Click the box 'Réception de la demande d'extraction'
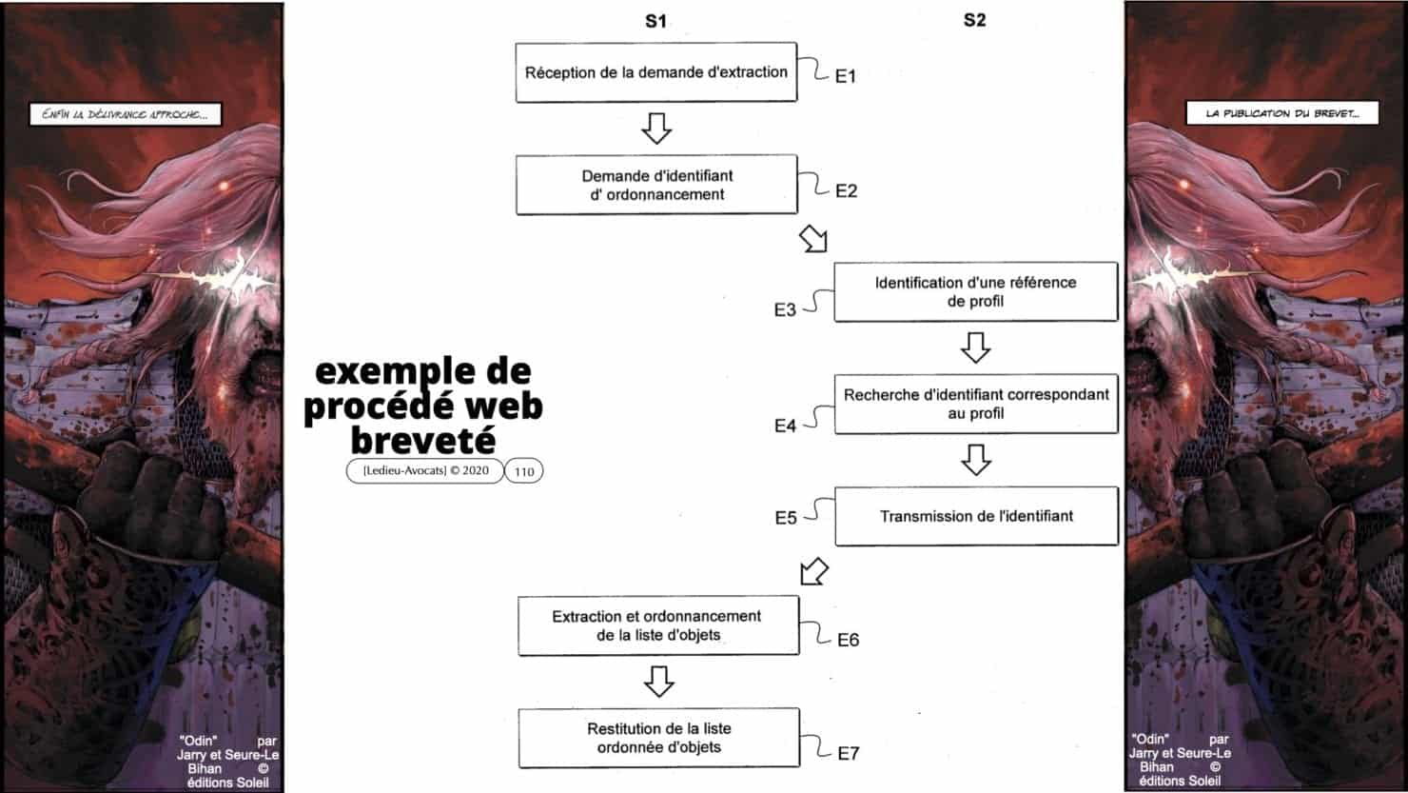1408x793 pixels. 655,72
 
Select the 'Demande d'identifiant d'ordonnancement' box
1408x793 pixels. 655,185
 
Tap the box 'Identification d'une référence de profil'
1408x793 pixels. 975,292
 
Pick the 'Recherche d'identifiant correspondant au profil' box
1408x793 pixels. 975,404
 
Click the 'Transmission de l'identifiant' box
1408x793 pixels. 975,516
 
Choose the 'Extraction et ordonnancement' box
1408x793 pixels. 657,625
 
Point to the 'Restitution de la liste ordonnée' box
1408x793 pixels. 658,738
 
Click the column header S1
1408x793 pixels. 655,21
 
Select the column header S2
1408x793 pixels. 974,20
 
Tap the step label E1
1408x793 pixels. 845,76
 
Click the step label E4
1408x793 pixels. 785,426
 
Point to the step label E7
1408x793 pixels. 848,753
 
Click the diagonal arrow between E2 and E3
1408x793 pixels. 813,239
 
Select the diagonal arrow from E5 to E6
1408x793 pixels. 813,571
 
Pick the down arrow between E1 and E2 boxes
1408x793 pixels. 656,128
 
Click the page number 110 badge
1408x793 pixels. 523,471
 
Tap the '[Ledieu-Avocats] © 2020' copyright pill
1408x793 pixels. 425,470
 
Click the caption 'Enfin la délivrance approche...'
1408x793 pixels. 126,115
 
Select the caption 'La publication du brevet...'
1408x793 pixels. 1281,113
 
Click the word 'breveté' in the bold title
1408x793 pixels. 422,440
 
